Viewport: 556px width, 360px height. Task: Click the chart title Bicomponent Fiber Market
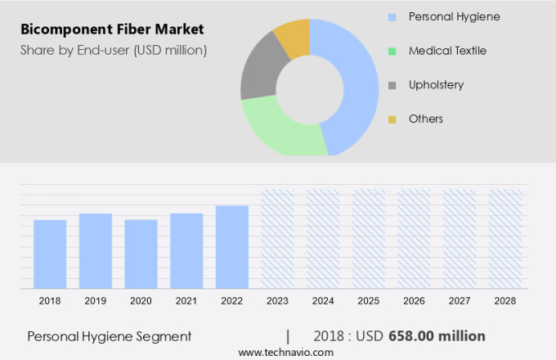(x=112, y=30)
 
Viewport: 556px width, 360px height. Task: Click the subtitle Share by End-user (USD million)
(x=114, y=51)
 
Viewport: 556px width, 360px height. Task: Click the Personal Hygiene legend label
(x=454, y=16)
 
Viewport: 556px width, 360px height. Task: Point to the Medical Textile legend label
(x=447, y=51)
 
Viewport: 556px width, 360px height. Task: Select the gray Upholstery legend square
(x=392, y=85)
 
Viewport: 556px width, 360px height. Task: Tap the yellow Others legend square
(x=392, y=119)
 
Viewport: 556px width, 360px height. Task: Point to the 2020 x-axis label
(x=141, y=301)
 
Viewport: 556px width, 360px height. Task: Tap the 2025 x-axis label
(x=368, y=301)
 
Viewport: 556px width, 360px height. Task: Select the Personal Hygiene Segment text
(x=110, y=336)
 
